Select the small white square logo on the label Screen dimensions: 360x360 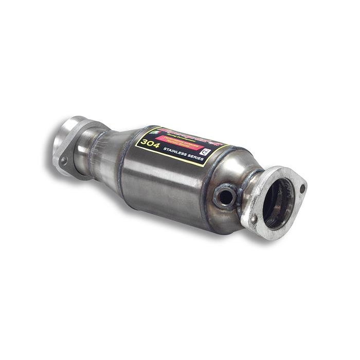[206, 152]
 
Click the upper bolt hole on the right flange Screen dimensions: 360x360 [301, 188]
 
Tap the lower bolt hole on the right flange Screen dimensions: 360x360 [254, 220]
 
